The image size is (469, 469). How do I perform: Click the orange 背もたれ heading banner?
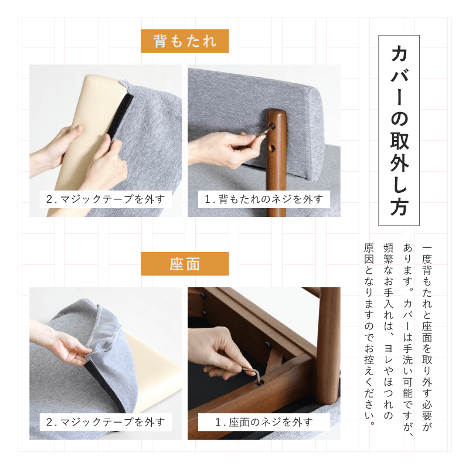(185, 41)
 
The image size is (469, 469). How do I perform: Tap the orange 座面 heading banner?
(185, 264)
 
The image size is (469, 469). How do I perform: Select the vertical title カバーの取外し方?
(399, 130)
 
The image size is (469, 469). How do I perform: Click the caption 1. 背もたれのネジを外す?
(264, 199)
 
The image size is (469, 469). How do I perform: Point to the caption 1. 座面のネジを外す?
(264, 422)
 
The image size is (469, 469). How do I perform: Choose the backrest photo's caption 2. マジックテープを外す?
(106, 199)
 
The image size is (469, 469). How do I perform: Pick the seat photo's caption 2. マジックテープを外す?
(106, 422)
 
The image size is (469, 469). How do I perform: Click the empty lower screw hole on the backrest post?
(272, 148)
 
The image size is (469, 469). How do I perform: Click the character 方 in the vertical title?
(399, 206)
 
